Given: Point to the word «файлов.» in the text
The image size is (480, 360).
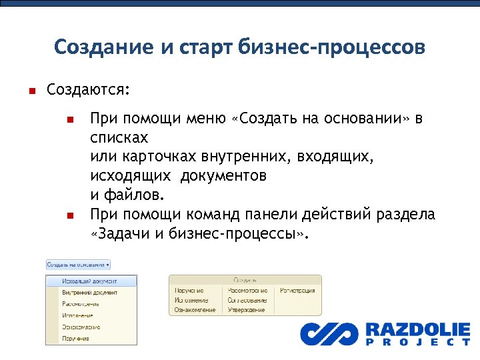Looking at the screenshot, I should pyautogui.click(x=131, y=195).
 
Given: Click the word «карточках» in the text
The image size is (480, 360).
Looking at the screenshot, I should pyautogui.click(x=153, y=157).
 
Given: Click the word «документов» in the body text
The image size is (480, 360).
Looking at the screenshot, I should pyautogui.click(x=225, y=176).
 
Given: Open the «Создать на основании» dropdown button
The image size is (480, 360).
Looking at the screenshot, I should pyautogui.click(x=78, y=264).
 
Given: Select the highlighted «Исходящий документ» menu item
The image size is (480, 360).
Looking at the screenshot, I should pyautogui.click(x=89, y=281).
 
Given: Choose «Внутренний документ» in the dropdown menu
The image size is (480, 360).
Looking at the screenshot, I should pyautogui.click(x=89, y=293).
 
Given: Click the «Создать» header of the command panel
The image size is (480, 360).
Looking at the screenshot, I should pyautogui.click(x=244, y=281).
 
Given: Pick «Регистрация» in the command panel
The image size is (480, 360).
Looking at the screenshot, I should pyautogui.click(x=297, y=291).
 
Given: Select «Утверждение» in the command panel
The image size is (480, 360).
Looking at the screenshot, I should pyautogui.click(x=247, y=310).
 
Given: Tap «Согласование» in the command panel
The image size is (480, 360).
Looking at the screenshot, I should pyautogui.click(x=247, y=301).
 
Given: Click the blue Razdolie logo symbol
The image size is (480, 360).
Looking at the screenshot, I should pyautogui.click(x=328, y=333).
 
